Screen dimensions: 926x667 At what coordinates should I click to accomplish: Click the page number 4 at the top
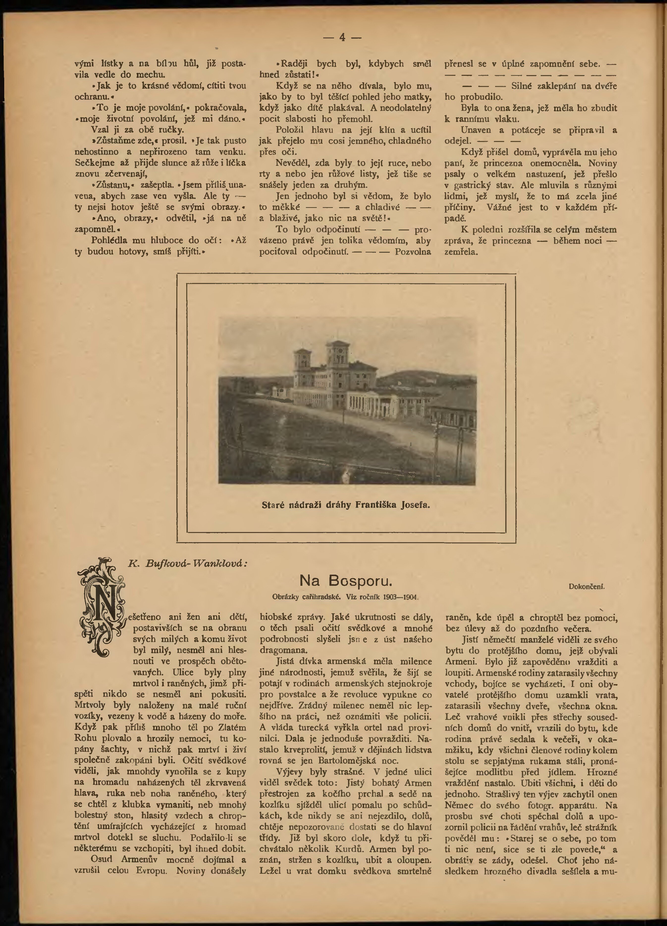point(342,38)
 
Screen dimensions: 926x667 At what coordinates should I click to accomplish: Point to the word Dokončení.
point(586,587)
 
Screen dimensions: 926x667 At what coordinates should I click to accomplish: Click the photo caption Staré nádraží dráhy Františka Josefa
point(346,505)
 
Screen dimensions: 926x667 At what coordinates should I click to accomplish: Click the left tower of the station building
point(302,363)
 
